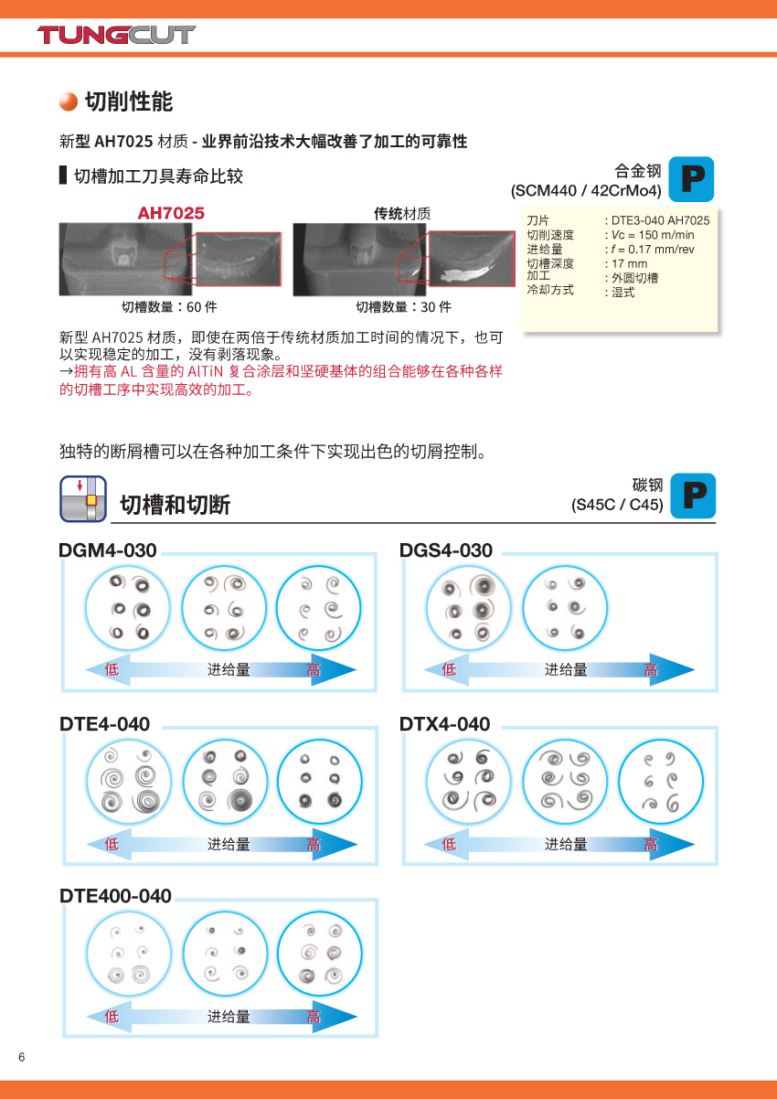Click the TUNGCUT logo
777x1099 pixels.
pos(116,35)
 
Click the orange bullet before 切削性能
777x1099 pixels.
pos(69,101)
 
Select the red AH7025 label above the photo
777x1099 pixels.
pos(171,213)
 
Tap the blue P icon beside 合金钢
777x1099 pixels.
pos(692,179)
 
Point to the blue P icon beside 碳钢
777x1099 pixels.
pos(693,496)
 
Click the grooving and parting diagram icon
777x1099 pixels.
pos(83,498)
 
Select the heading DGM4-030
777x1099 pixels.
pos(108,550)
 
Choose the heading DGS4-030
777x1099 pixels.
pos(446,550)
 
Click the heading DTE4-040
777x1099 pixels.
pos(104,724)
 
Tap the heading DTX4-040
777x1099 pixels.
pos(445,724)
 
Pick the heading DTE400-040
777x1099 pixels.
pos(115,896)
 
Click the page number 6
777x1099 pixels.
pos(22,1057)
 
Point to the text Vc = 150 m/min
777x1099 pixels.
pos(653,234)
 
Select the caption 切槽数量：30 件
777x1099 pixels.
pos(403,307)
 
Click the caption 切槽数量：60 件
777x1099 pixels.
pos(169,307)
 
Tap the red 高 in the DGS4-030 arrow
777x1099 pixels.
pos(651,669)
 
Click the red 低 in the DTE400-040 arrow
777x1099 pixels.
pos(112,1016)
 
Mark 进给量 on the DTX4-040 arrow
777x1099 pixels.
pos(566,845)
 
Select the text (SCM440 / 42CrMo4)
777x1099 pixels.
pos(586,190)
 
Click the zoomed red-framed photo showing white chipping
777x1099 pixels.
pos(472,259)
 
